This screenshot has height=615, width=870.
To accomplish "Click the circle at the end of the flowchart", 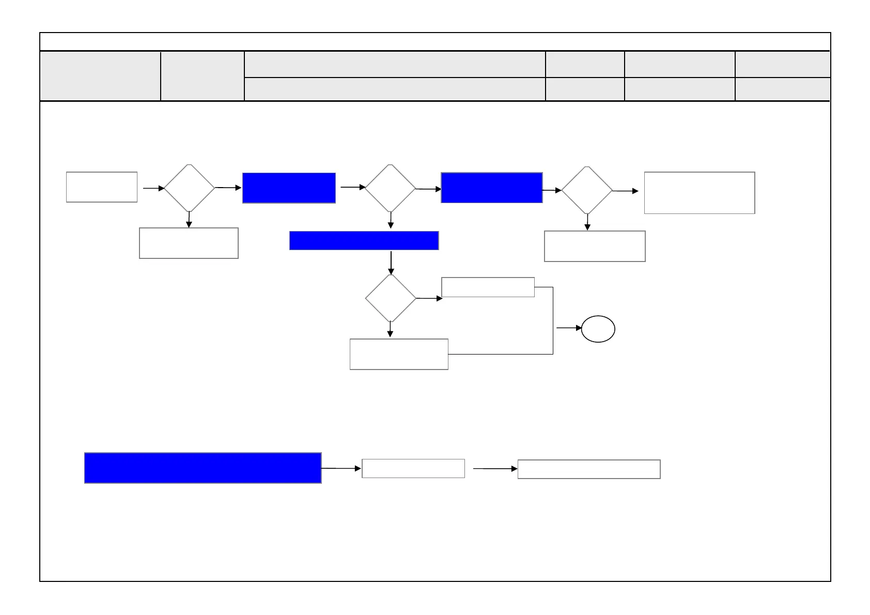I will [x=598, y=329].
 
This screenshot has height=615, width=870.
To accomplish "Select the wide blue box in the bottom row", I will [x=203, y=468].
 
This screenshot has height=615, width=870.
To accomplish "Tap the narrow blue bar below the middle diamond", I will [x=364, y=240].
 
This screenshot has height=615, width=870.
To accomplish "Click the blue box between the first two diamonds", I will [x=289, y=188].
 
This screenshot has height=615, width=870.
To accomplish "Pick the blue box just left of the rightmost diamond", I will [x=491, y=188].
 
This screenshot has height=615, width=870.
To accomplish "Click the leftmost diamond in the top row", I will [x=189, y=188].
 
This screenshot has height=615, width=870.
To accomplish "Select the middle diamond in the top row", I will [x=390, y=189].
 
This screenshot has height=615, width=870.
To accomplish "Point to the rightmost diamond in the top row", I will [x=587, y=190].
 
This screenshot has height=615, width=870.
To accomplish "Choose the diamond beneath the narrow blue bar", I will [x=391, y=298].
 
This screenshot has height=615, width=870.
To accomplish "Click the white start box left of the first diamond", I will [x=102, y=187].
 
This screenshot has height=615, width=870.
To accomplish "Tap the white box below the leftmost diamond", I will [x=189, y=243].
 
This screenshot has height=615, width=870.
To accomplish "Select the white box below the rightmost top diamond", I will [x=595, y=246].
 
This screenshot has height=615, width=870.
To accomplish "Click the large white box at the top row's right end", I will [x=700, y=193].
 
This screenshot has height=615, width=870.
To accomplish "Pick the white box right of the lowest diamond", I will [x=488, y=287].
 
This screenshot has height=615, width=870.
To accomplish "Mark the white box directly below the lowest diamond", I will [x=399, y=354].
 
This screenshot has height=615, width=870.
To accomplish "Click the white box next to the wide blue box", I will [x=413, y=468].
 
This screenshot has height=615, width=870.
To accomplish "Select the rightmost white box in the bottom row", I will [x=589, y=469].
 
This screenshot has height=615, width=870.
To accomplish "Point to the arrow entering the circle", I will [x=569, y=328].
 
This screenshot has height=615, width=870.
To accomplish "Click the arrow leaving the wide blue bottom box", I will [x=341, y=468].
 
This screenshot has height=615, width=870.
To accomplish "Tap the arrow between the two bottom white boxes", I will [x=495, y=469].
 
